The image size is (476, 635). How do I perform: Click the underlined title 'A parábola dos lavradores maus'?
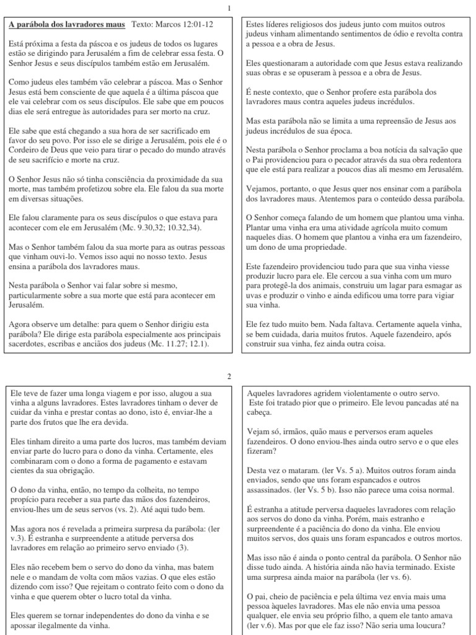(x=67, y=25)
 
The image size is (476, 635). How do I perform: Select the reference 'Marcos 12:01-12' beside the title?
(x=187, y=25)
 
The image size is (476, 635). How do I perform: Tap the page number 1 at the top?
(x=230, y=8)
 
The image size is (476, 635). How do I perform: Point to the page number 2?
(x=230, y=376)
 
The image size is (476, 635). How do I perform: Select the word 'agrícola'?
(x=377, y=229)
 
